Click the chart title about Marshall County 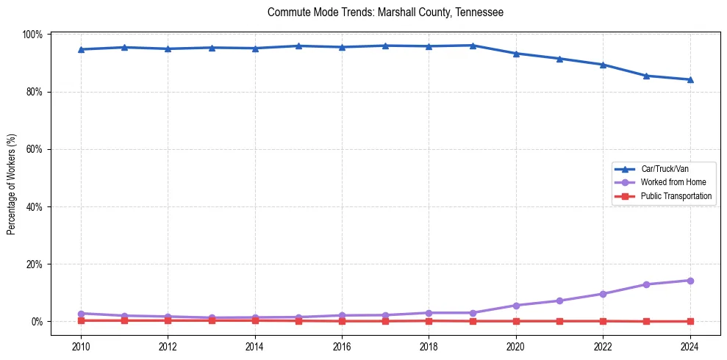coord(385,12)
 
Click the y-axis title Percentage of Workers coord(12,184)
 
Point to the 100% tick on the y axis coord(34,35)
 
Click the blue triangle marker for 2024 coord(690,79)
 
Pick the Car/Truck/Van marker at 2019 coord(473,46)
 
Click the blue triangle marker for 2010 coord(81,49)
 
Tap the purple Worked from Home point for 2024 coord(690,281)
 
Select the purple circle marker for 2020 coord(516,306)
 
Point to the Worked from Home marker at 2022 coord(603,294)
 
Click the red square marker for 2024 coord(690,321)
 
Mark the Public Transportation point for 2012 coord(168,320)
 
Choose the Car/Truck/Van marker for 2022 coord(603,65)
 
